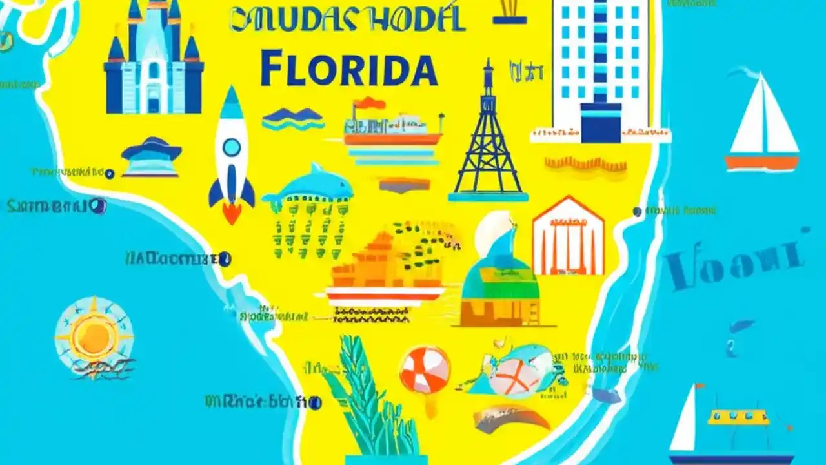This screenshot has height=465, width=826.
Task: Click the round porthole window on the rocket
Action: pos(231,147)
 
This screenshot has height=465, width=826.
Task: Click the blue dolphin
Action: pos(310,184)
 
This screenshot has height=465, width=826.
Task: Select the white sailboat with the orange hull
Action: pos(761,126)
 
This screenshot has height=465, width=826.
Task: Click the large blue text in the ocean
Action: pos(736,262)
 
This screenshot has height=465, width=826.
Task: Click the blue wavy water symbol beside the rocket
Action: pos(293,118)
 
